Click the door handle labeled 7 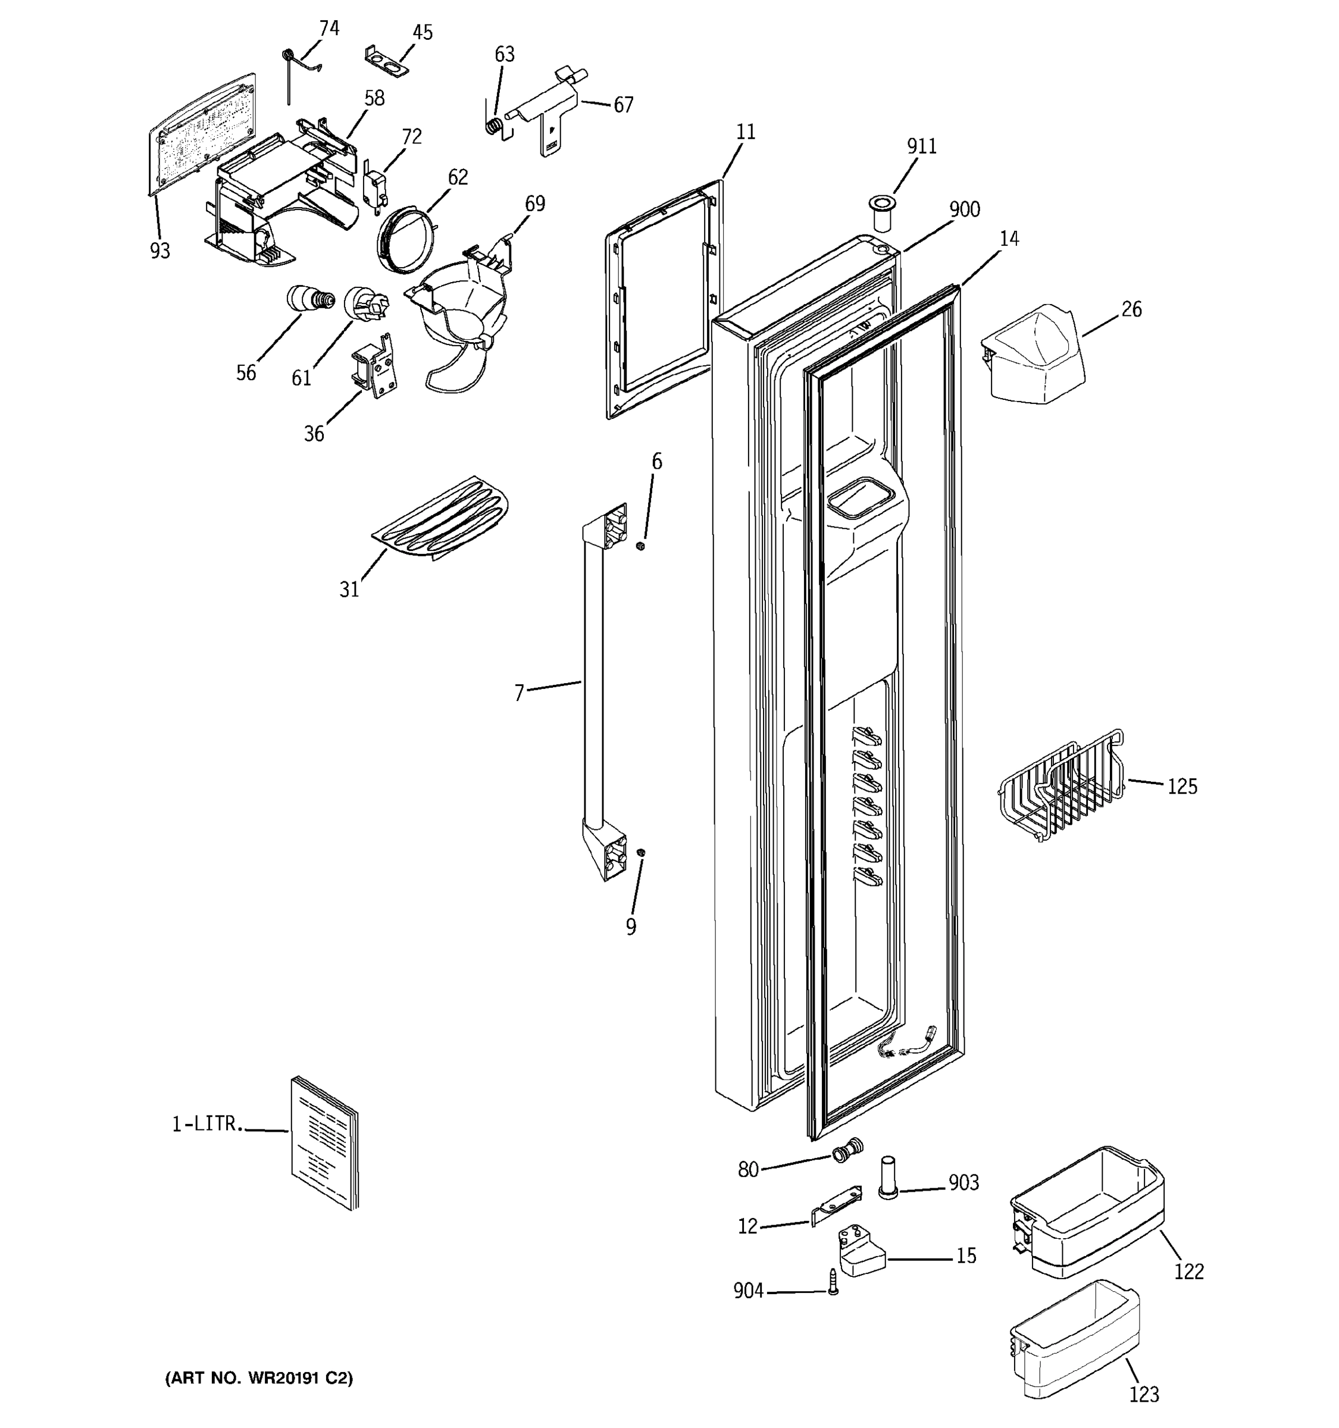[593, 690]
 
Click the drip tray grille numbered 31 [442, 517]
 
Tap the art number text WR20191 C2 [259, 1377]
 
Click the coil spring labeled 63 [493, 126]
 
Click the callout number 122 [1188, 1272]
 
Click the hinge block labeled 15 [861, 1251]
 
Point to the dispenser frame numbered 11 [661, 302]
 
